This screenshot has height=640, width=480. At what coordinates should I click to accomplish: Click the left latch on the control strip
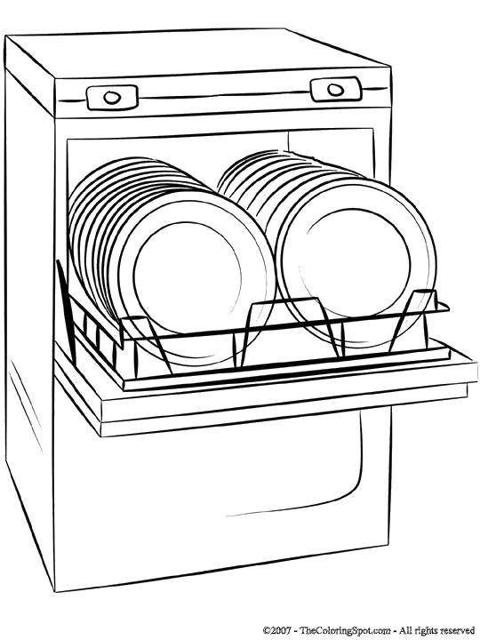[112, 97]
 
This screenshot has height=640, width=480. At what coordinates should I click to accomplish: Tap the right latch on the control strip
[335, 90]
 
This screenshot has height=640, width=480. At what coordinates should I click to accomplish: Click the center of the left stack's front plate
[188, 278]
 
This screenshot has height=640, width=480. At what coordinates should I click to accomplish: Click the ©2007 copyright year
[277, 630]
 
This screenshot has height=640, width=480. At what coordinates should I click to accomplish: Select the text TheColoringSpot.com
[345, 630]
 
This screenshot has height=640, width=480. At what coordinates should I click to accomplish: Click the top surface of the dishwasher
[196, 53]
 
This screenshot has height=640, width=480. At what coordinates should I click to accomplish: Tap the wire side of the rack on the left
[90, 326]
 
